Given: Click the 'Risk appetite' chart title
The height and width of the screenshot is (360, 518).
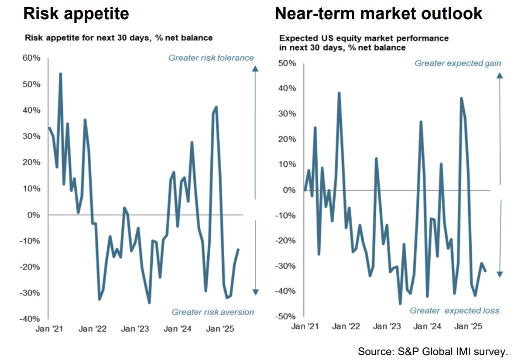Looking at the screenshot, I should pos(76,14).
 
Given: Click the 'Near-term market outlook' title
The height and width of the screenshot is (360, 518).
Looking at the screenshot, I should pos(378,14).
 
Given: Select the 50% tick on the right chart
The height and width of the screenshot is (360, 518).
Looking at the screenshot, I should pos(287,63).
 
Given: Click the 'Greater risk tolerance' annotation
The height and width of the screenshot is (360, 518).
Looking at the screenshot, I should pos(211,58).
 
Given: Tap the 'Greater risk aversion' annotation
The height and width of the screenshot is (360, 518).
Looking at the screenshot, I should pos(213,312).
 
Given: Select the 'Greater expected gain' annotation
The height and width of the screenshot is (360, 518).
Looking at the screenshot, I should pos(458,63).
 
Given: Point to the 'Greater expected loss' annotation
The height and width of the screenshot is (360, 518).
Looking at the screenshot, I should pos(454,311).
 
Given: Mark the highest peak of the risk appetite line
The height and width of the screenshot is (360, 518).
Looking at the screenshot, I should pos(60,74).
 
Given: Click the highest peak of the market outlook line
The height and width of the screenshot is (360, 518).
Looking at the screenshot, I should pos(339,93).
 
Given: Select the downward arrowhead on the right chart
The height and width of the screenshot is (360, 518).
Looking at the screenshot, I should pos(500,274).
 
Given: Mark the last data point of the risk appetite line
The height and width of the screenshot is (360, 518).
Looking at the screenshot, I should pos(238,250).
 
